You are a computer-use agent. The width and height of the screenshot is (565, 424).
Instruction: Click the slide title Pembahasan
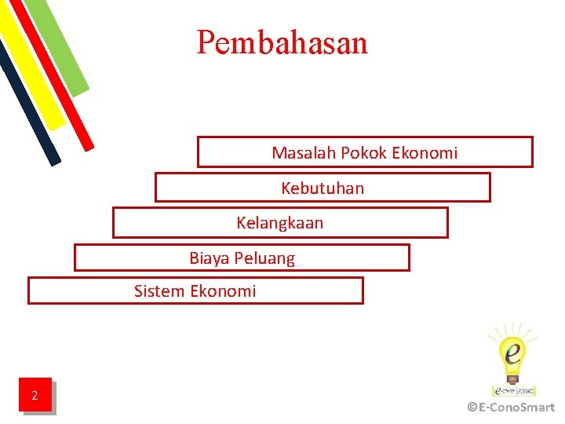[282, 42]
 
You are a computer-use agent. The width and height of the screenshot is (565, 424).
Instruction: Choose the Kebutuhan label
[323, 188]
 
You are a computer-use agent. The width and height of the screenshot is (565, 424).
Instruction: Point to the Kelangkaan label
[279, 223]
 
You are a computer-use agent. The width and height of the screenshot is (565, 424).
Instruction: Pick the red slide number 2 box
[35, 395]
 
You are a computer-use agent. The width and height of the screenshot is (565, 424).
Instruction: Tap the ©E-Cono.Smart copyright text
[511, 408]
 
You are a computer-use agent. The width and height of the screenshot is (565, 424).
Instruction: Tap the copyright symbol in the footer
[472, 408]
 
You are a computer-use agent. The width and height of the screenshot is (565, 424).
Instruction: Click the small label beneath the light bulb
[514, 389]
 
